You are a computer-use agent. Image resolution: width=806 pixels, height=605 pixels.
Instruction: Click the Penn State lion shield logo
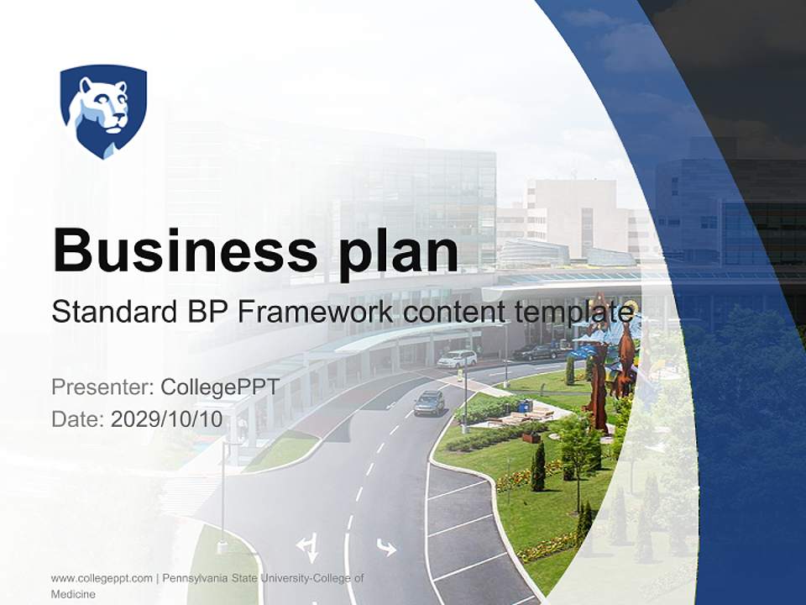(103, 110)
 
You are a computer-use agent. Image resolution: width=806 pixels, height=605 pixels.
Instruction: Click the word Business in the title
(172, 249)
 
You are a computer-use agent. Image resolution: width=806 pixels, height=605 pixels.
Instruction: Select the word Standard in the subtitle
(110, 312)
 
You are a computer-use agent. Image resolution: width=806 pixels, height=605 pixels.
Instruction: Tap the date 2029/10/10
(167, 419)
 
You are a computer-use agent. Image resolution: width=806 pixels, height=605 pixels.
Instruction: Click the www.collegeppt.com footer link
(102, 578)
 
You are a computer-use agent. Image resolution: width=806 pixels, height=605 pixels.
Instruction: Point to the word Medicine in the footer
(73, 594)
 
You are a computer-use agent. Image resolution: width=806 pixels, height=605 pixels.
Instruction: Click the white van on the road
(457, 359)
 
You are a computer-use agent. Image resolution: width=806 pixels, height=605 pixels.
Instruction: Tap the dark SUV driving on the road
(429, 403)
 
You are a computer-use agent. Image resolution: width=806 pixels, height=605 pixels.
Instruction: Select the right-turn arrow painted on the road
(386, 548)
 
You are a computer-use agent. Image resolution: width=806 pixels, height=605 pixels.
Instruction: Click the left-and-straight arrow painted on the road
(307, 548)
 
